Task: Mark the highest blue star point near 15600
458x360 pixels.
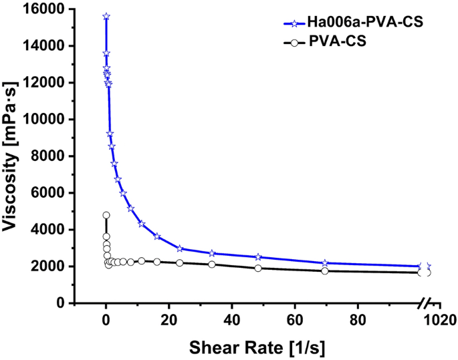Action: tap(106, 17)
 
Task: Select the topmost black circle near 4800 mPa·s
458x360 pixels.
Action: tap(106, 215)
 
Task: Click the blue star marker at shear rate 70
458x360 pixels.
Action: tap(325, 263)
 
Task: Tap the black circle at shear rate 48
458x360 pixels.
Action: tap(258, 268)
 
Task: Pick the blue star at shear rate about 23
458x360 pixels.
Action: tap(179, 248)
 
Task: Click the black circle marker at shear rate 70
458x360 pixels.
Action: tap(325, 271)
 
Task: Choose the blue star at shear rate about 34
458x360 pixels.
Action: tap(212, 253)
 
